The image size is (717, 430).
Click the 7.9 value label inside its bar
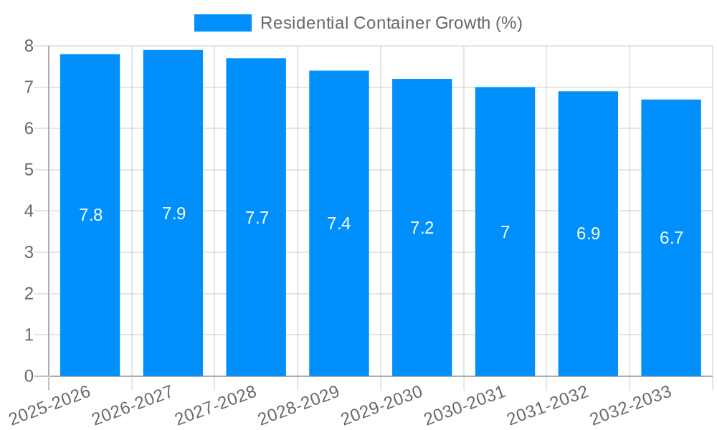click(x=174, y=214)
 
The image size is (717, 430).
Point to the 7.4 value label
click(x=339, y=224)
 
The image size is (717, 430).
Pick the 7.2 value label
click(x=422, y=228)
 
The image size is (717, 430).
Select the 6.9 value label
click(x=588, y=234)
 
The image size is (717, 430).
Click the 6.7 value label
click(x=671, y=238)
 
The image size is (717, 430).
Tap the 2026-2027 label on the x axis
click(x=133, y=405)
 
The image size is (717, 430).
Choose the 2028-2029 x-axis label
click(x=298, y=405)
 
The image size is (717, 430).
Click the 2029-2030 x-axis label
click(x=381, y=405)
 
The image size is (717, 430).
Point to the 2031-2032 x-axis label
click(x=548, y=405)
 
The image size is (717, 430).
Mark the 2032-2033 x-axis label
click(x=630, y=405)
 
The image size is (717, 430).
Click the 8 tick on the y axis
click(x=29, y=46)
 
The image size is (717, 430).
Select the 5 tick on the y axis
click(x=29, y=170)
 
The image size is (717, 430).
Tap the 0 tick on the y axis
click(x=29, y=376)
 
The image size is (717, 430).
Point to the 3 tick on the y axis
click(x=29, y=252)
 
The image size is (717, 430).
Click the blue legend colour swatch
click(x=223, y=23)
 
